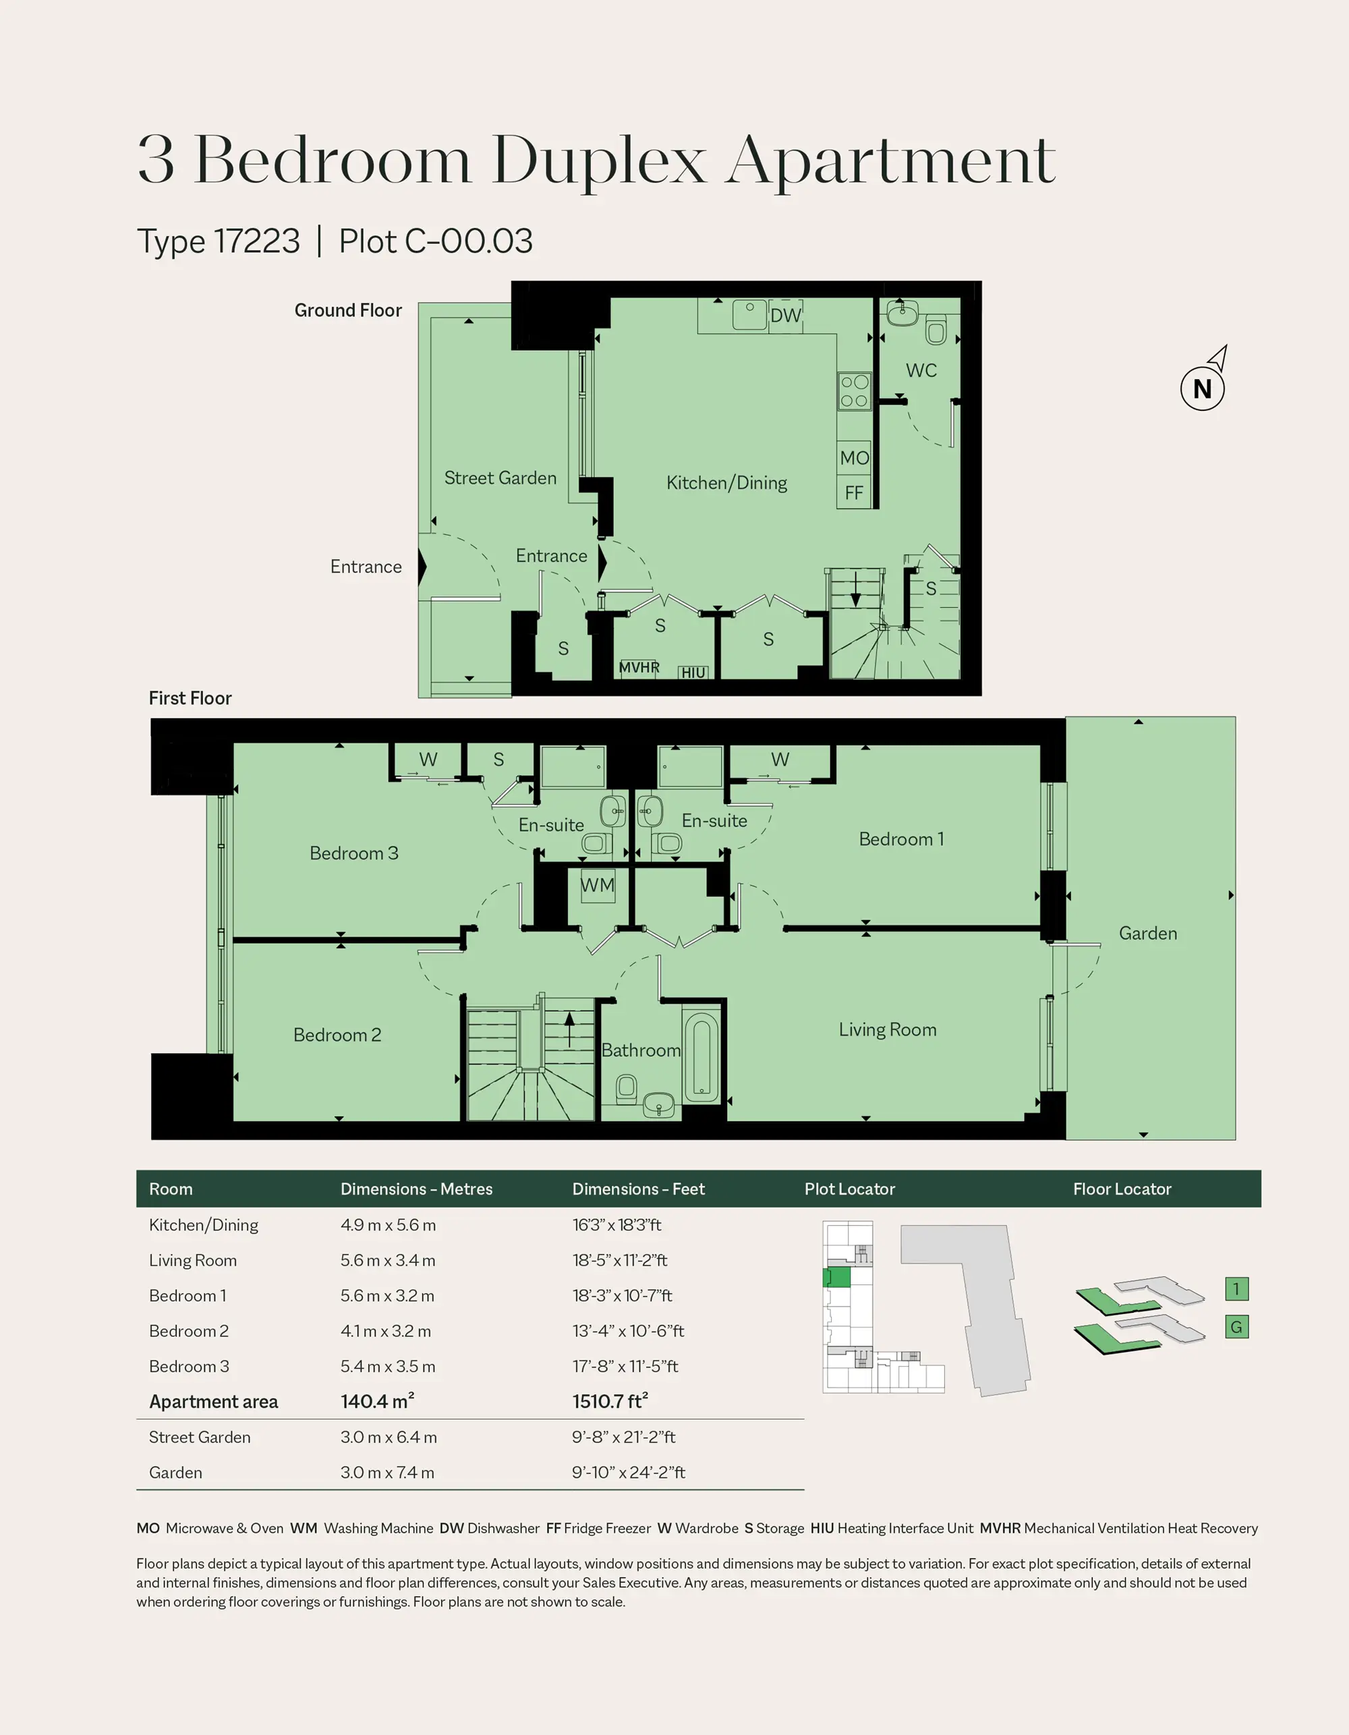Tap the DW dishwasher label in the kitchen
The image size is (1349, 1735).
click(x=786, y=316)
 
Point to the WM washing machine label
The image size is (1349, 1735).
click(x=598, y=884)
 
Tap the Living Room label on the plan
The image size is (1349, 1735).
click(x=888, y=1029)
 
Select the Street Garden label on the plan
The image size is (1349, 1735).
click(x=500, y=478)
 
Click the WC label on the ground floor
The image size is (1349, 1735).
click(x=921, y=370)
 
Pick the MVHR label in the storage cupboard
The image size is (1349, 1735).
click(x=639, y=667)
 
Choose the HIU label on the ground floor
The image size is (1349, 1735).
click(x=693, y=673)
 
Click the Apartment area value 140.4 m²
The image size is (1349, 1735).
click(x=377, y=1400)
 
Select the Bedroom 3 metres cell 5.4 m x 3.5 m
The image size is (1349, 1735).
click(x=388, y=1367)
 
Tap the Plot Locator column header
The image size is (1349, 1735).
click(x=849, y=1189)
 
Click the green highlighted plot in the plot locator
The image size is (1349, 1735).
click(x=836, y=1278)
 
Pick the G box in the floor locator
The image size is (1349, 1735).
click(x=1236, y=1327)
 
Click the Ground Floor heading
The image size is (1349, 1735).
click(x=348, y=310)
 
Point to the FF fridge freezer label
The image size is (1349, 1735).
click(x=854, y=492)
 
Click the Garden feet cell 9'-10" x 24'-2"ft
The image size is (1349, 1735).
click(x=629, y=1472)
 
